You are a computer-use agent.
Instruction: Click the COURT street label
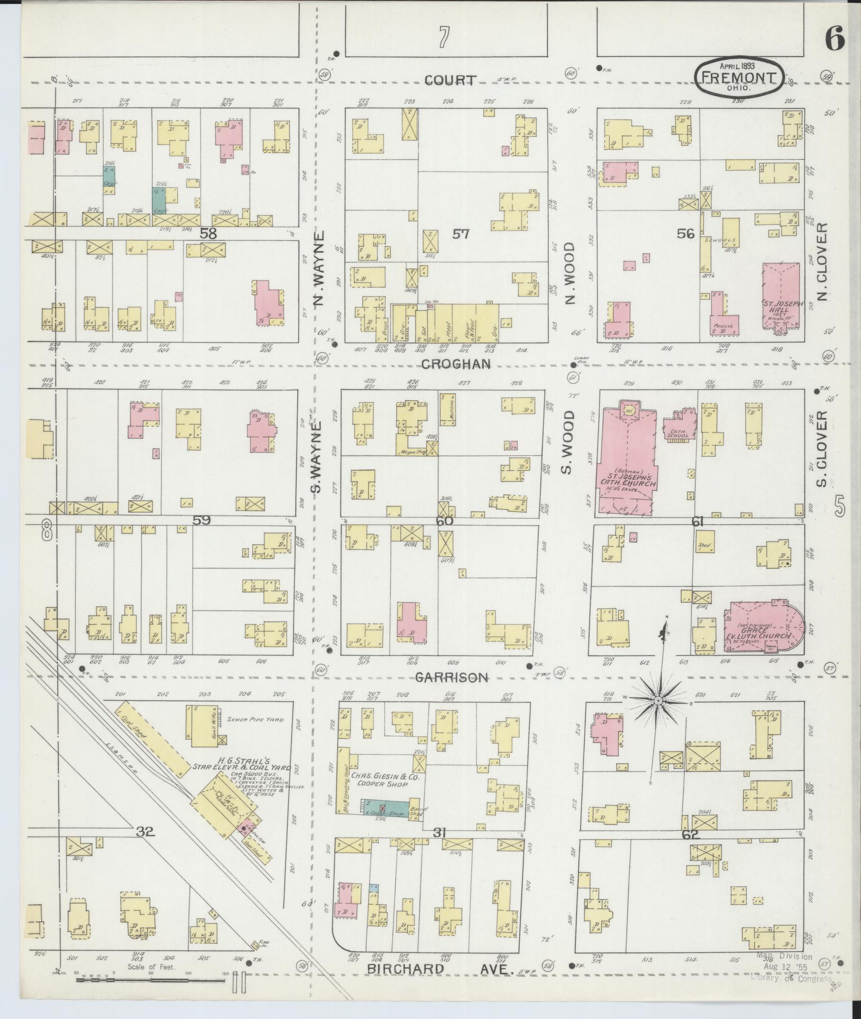coord(450,80)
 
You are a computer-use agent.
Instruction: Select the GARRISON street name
coord(451,677)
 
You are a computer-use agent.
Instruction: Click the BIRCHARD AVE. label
coord(441,969)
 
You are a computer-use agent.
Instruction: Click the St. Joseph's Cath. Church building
coord(627,465)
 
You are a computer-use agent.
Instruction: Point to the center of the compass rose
coord(658,701)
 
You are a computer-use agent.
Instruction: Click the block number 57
coord(461,234)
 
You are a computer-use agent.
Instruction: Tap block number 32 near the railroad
coord(144,832)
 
